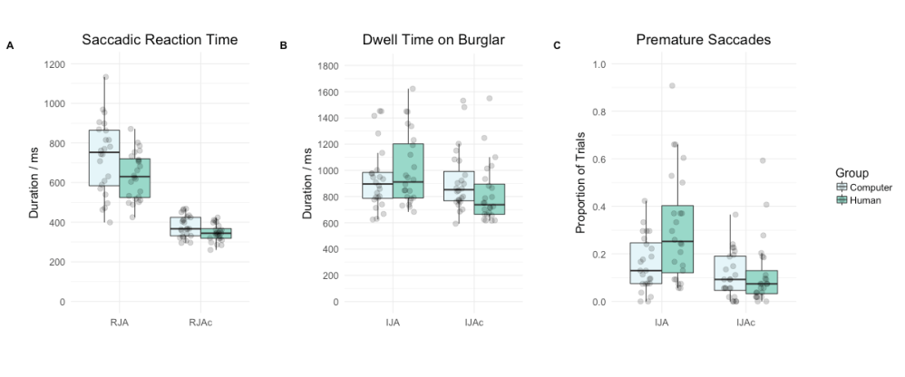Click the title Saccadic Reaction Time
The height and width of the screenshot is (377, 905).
pyautogui.click(x=160, y=40)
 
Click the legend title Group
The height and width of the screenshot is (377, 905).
pyautogui.click(x=853, y=172)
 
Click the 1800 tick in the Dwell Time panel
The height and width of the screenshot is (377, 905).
pyautogui.click(x=326, y=66)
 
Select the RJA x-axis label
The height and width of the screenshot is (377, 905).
pyautogui.click(x=119, y=321)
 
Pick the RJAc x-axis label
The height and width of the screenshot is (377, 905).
pyautogui.click(x=201, y=321)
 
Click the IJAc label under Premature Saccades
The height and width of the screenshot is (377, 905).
pyautogui.click(x=744, y=321)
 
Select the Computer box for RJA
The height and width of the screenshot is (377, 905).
pyautogui.click(x=104, y=159)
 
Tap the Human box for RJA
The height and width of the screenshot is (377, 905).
pyautogui.click(x=134, y=178)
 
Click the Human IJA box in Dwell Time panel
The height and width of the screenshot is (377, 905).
pyautogui.click(x=407, y=170)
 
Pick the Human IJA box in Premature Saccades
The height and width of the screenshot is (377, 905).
pyautogui.click(x=677, y=239)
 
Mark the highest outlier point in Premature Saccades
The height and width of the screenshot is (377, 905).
pyautogui.click(x=672, y=85)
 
